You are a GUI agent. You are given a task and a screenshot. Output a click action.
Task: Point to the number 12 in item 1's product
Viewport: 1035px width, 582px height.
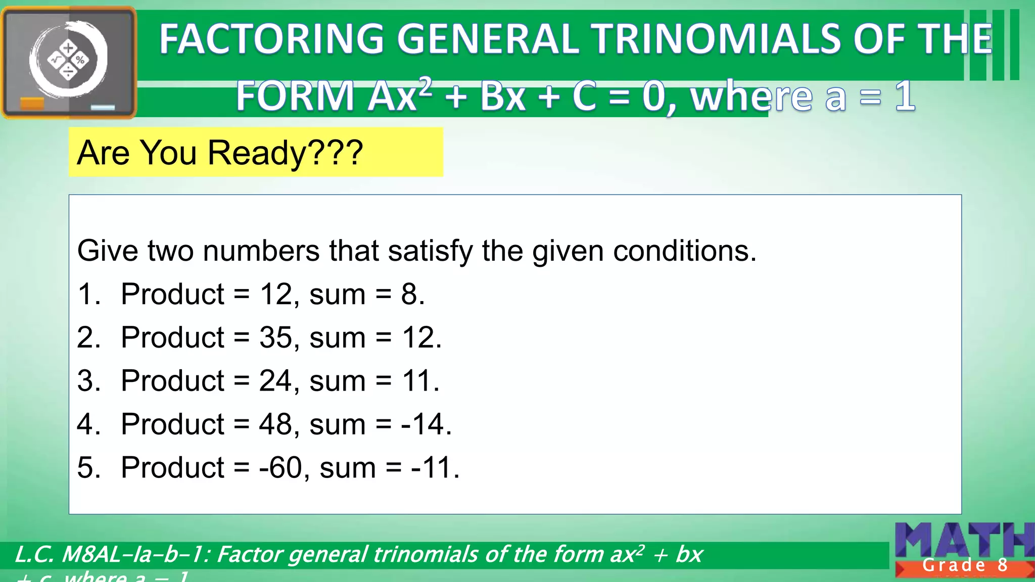point(275,294)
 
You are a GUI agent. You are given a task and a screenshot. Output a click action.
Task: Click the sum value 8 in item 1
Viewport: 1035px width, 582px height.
point(409,294)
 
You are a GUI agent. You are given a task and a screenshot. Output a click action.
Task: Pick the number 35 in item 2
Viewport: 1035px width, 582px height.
point(275,337)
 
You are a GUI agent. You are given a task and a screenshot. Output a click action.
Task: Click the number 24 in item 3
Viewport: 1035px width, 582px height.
point(275,380)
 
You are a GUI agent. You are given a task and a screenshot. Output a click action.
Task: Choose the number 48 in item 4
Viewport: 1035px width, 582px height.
point(275,424)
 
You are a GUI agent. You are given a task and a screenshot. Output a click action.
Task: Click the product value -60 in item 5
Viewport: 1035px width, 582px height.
point(280,467)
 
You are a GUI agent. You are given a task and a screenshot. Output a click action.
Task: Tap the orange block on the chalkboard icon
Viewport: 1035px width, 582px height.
point(32,104)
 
